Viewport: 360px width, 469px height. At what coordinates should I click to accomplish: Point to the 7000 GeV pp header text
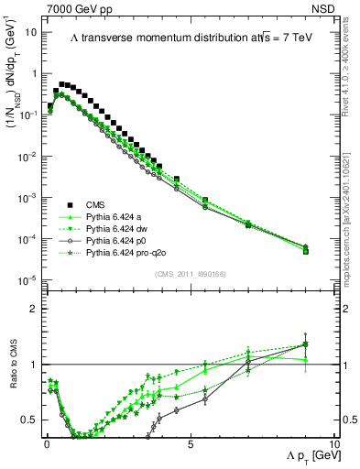pos(77,7)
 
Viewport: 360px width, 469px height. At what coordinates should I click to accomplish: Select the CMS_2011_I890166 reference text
pos(190,274)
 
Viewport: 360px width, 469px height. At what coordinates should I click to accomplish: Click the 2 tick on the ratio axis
pos(33,308)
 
